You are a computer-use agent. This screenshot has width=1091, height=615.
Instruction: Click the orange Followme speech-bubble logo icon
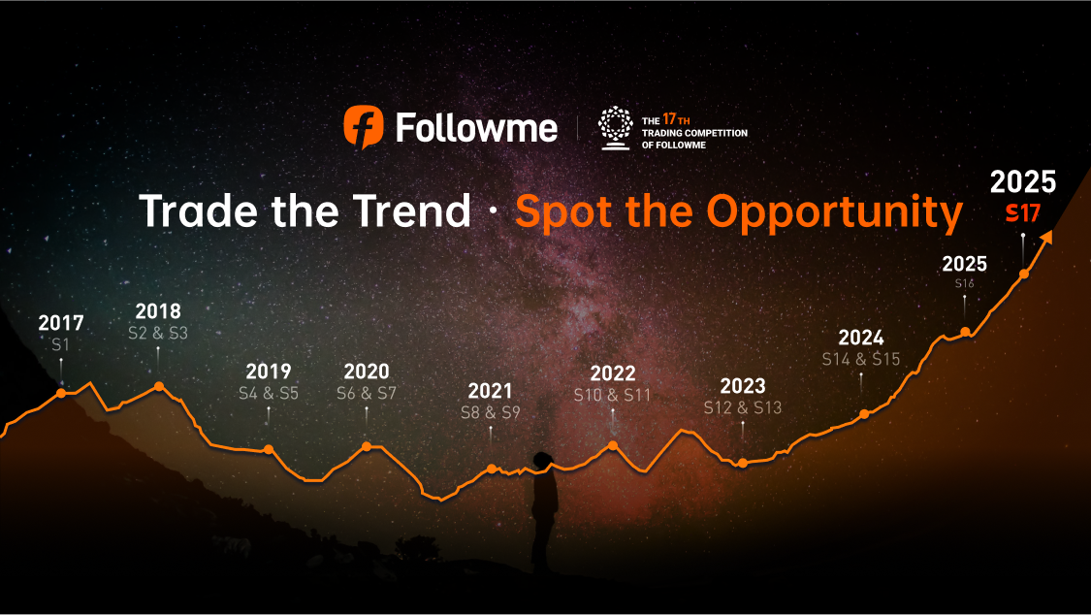pos(365,128)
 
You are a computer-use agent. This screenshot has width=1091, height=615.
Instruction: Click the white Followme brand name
pos(476,128)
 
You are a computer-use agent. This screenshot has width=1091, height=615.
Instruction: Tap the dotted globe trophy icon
pos(614,128)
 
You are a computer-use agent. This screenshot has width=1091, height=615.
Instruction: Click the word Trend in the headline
pos(412,211)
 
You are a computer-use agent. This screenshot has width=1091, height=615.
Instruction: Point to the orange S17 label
pos(1022,212)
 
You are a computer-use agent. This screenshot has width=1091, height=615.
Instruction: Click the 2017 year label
pos(61,323)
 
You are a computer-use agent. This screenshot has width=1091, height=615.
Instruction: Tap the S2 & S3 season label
pos(158,333)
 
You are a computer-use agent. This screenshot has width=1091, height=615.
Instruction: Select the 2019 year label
pos(269,372)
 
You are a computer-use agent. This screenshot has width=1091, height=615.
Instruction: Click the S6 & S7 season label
pos(367,394)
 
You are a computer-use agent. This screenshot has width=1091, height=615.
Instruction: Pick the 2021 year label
pos(490,391)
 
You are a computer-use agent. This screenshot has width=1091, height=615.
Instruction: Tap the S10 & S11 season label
pos(612,396)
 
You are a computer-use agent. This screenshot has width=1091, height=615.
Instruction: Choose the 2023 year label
pos(743,385)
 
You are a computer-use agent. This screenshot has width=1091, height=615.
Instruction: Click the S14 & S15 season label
pos(861,359)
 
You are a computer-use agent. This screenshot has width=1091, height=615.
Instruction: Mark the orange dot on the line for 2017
pos(61,393)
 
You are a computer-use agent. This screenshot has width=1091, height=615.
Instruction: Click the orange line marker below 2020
pos(367,446)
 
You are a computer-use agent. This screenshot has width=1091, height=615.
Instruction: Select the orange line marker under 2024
pos(864,414)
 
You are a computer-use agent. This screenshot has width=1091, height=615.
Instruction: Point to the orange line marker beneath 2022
pos(613,446)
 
